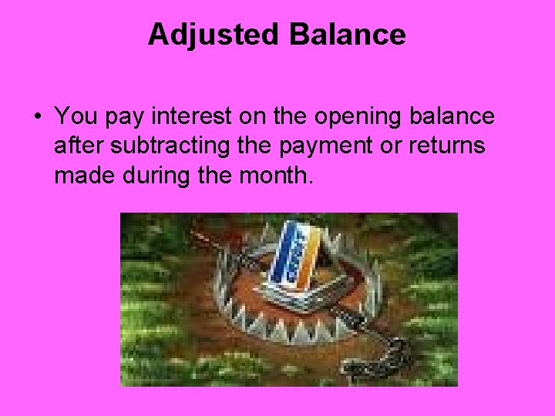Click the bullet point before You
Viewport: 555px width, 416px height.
37,118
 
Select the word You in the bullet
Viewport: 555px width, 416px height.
75,117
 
